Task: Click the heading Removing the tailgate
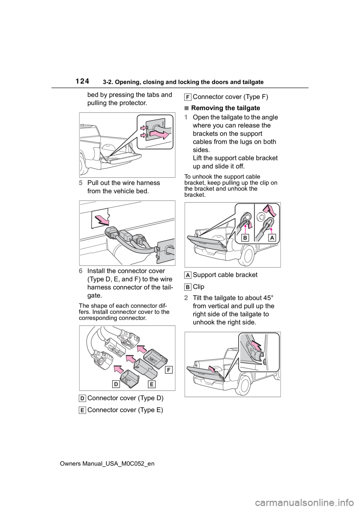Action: point(225,108)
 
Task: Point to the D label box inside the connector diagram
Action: point(116,384)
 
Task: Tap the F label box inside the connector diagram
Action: point(169,370)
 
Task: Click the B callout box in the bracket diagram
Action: point(245,238)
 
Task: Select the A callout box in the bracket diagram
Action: point(272,238)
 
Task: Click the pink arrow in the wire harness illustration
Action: point(102,220)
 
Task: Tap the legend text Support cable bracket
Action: point(225,275)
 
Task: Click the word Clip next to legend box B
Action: point(198,287)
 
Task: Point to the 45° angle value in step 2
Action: point(269,298)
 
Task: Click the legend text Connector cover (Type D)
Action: point(125,398)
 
